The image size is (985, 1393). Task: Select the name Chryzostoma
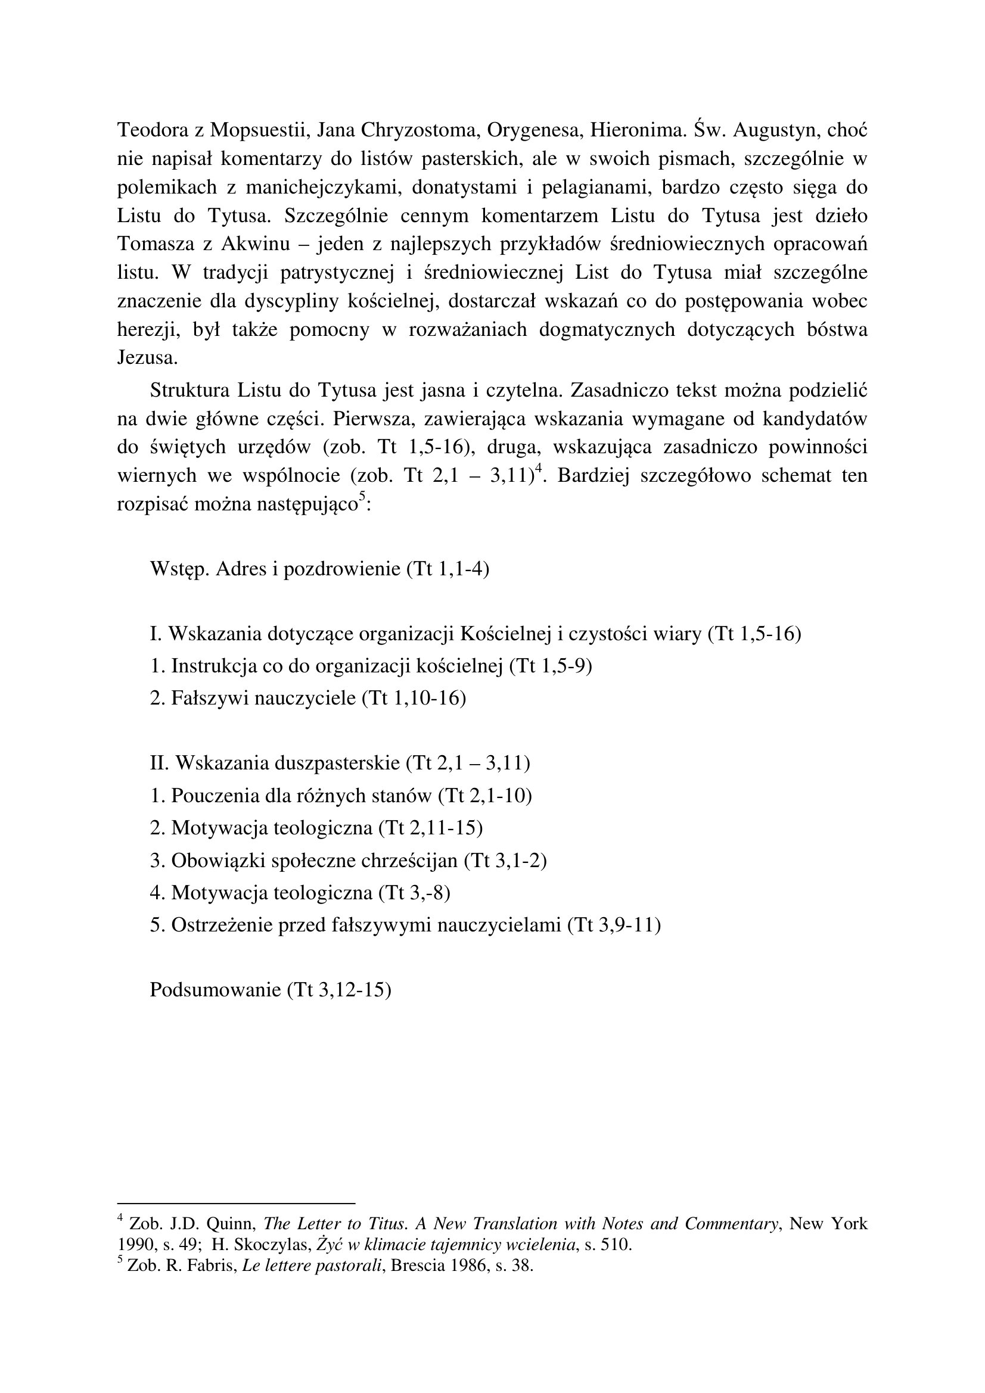pos(417,130)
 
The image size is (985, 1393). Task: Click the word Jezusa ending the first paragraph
pos(147,358)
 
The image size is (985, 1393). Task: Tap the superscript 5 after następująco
pos(362,496)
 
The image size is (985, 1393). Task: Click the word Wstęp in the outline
pos(179,570)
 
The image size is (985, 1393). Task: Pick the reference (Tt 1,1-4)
pos(448,570)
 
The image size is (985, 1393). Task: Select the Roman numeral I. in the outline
pos(156,635)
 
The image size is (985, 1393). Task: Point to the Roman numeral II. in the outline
pos(159,763)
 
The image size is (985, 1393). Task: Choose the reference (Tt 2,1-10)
pos(485,796)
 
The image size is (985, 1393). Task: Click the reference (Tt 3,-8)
pos(414,893)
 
